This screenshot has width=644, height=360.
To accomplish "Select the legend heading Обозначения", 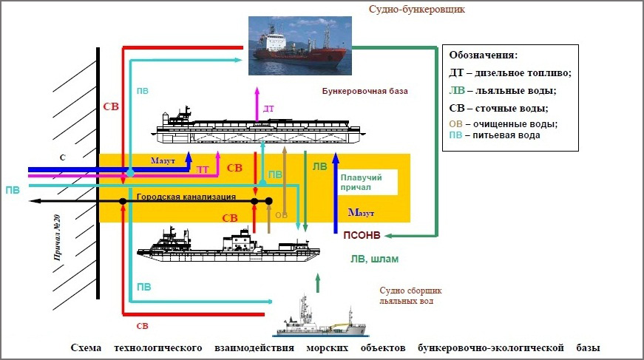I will coord(483,55).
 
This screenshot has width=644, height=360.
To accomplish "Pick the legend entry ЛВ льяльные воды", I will coord(502,90).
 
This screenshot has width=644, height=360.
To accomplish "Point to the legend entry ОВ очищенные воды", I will coord(503,123).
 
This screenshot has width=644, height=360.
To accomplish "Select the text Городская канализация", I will coord(186,197).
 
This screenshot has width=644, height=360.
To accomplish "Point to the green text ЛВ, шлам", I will coord(374,259).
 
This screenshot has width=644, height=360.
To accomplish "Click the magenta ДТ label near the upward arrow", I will coord(268,109).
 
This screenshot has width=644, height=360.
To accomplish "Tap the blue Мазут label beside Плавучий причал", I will coord(361,213).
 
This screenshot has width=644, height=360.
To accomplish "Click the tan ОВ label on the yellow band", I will coord(281,215).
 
